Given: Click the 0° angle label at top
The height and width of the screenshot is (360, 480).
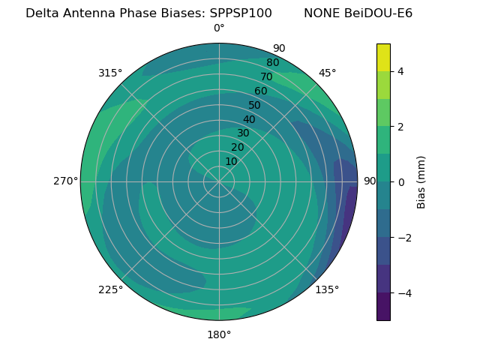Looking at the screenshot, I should click(219, 28).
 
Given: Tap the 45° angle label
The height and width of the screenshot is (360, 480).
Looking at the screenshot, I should click(327, 73).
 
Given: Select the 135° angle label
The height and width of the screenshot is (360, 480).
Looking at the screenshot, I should click(327, 289).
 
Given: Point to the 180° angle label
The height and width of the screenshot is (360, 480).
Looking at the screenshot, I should click(219, 334).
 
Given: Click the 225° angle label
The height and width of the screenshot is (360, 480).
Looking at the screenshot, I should click(110, 289).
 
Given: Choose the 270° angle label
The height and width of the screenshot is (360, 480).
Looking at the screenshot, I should click(65, 181).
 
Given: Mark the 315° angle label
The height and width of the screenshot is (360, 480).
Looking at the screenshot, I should click(110, 73).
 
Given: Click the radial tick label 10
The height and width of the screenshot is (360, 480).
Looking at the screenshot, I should click(231, 161).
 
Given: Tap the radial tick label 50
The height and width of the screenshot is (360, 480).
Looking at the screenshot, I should click(255, 105).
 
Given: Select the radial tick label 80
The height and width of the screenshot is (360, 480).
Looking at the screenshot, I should click(272, 62).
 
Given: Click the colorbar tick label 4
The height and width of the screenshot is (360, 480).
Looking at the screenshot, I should click(401, 71).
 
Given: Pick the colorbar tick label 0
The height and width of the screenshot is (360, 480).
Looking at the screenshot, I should click(401, 182).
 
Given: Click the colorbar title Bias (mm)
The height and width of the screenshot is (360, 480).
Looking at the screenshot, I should click(421, 182).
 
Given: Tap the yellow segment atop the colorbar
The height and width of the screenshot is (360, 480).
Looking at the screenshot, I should click(383, 57).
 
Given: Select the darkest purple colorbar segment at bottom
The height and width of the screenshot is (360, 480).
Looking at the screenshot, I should click(383, 307).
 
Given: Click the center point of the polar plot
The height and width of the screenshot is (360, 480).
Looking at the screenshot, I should click(219, 181).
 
